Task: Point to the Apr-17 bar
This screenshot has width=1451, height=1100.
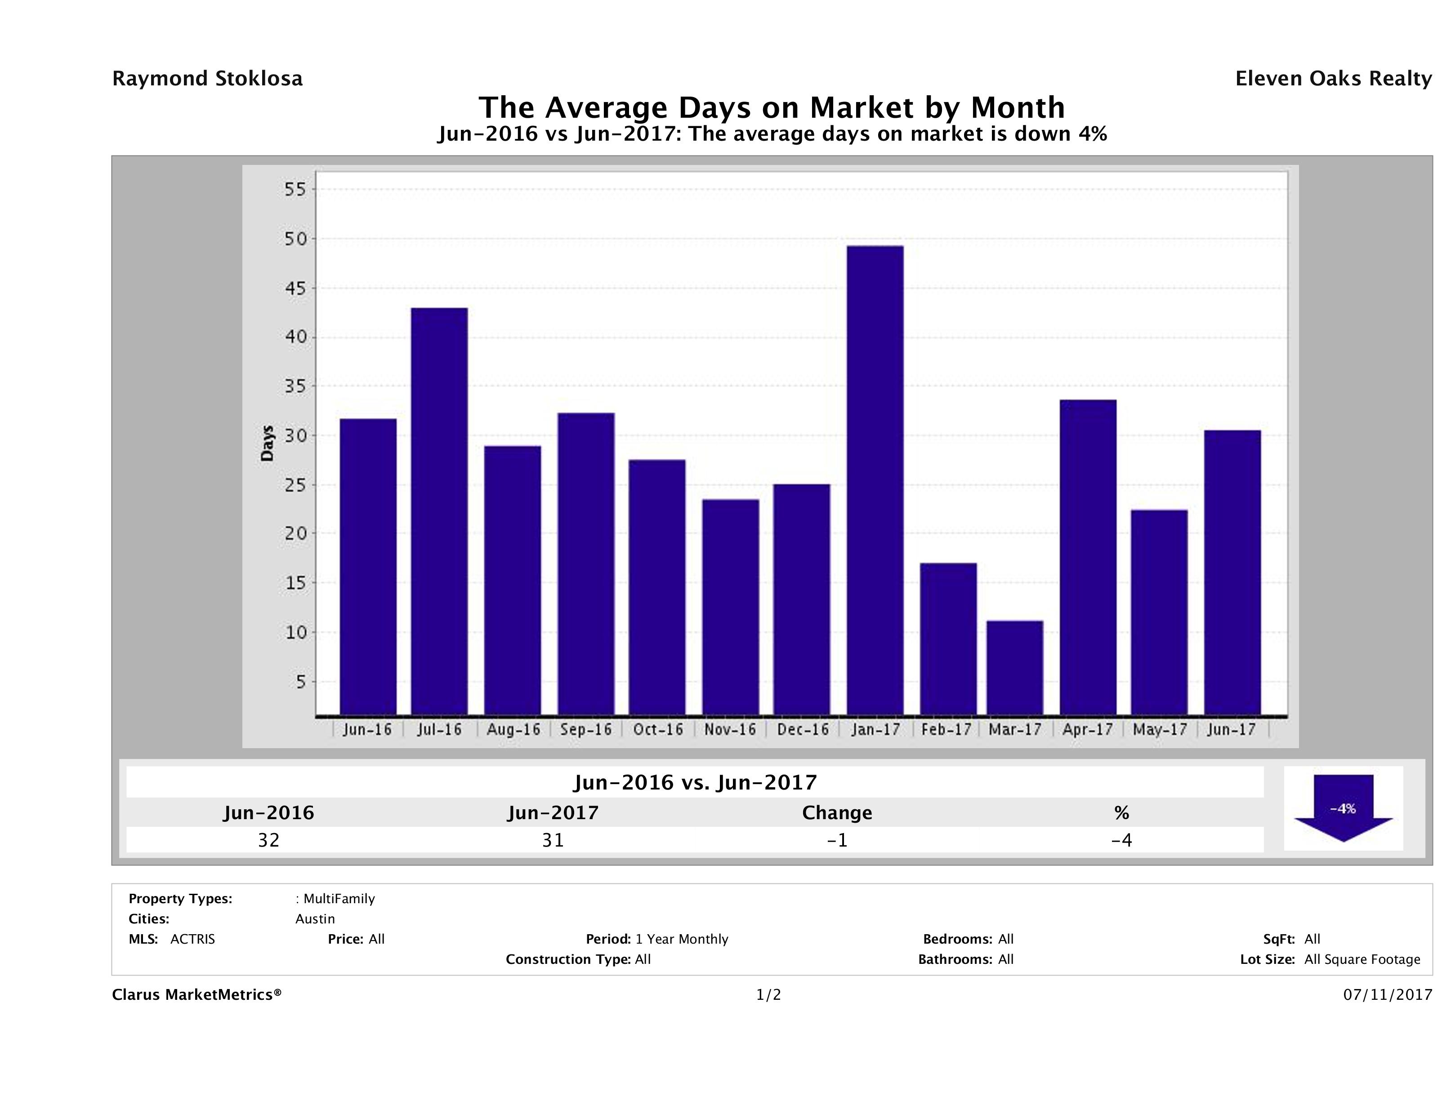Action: [1088, 557]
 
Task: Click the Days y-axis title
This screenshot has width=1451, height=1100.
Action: [267, 443]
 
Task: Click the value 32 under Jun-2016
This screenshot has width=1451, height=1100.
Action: [269, 840]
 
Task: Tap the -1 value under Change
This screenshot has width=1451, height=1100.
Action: [837, 840]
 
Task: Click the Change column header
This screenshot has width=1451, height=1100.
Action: [837, 813]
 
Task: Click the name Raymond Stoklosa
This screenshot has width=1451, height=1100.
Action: [207, 79]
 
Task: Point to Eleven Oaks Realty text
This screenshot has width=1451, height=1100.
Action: [1333, 79]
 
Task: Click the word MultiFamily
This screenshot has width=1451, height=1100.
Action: [339, 899]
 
